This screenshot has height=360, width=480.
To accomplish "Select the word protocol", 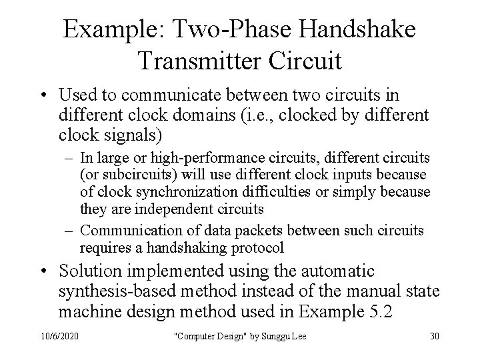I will point(257,248).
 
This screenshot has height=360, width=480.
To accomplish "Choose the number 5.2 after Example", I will point(395,311).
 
